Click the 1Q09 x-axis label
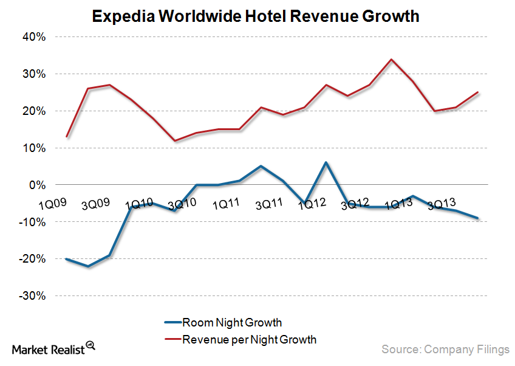53,202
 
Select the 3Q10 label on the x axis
182,202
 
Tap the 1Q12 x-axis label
312,203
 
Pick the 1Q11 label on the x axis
225,203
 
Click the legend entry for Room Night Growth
222,322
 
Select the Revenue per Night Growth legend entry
240,339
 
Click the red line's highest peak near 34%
391,60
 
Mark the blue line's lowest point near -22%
89,266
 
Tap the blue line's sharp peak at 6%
326,162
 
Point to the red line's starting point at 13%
67,137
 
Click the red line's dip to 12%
175,140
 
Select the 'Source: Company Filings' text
445,349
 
